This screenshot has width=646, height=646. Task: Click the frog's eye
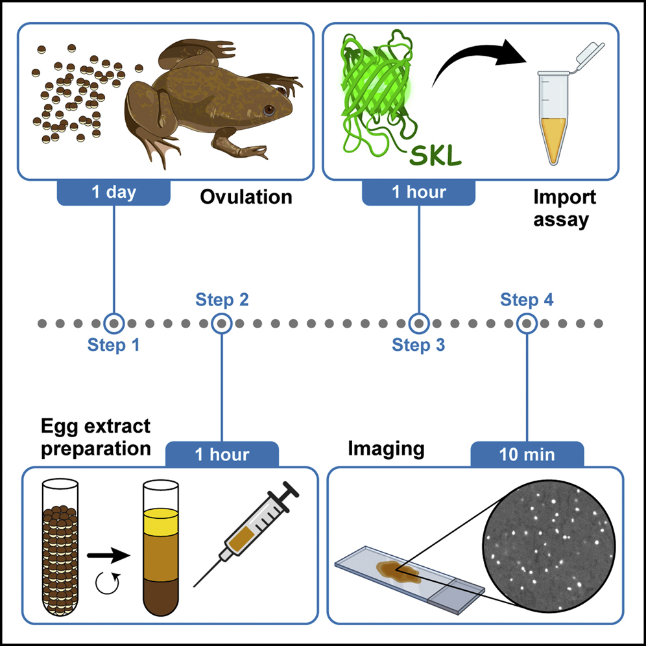(268, 110)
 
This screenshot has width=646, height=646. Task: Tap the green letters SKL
(436, 156)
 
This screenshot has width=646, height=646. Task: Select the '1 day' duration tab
(114, 193)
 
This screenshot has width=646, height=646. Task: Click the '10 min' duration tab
(527, 454)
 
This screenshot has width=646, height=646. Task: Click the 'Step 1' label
(114, 345)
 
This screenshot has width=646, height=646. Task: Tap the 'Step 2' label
(222, 300)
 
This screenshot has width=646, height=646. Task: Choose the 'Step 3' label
(418, 345)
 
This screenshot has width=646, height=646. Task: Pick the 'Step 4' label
(527, 300)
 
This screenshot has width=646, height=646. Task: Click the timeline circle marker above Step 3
(418, 322)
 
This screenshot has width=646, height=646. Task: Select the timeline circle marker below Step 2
(222, 322)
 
